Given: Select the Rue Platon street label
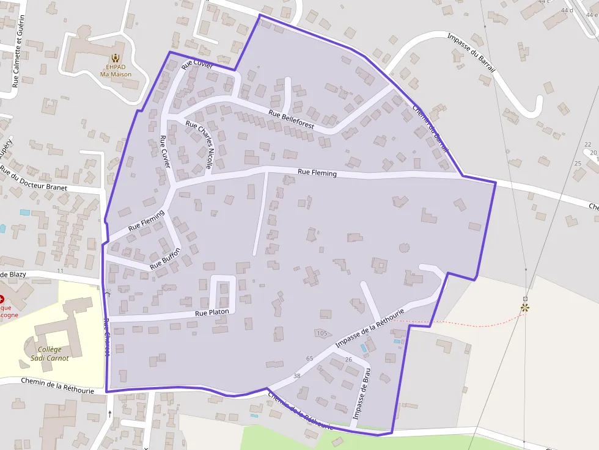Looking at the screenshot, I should click(212, 313).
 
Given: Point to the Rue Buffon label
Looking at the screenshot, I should click(165, 259).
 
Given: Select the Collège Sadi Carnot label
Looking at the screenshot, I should click(50, 354).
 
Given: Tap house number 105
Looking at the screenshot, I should click(323, 333).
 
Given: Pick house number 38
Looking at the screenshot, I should click(297, 376).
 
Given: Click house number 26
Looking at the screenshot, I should click(348, 359).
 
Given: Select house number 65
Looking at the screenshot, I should click(309, 358).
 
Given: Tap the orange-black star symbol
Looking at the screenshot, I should click(525, 307).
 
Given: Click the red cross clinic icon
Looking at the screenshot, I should click(1, 299).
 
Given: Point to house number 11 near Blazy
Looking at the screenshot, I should click(60, 270).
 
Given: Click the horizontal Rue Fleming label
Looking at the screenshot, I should click(317, 173).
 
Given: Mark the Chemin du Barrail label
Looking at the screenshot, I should click(430, 129).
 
